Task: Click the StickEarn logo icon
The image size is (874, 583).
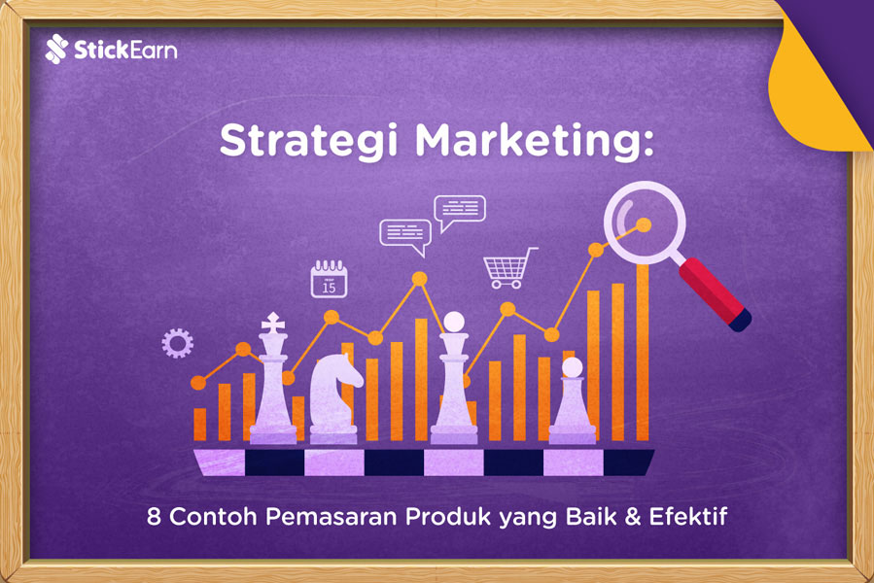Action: click(x=56, y=49)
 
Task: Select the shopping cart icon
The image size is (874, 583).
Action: click(x=509, y=267)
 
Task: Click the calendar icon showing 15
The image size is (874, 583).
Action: click(x=329, y=279)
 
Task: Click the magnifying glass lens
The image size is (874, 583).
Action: click(x=644, y=223)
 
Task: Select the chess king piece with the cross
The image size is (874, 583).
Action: click(x=273, y=379)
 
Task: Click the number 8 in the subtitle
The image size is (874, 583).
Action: click(x=152, y=516)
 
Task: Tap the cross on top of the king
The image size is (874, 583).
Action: click(x=273, y=320)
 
